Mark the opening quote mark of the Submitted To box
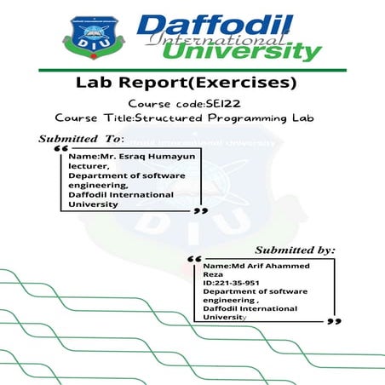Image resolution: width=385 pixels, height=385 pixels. coord(60,148)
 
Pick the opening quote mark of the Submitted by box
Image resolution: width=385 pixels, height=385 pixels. coord(192,257)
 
